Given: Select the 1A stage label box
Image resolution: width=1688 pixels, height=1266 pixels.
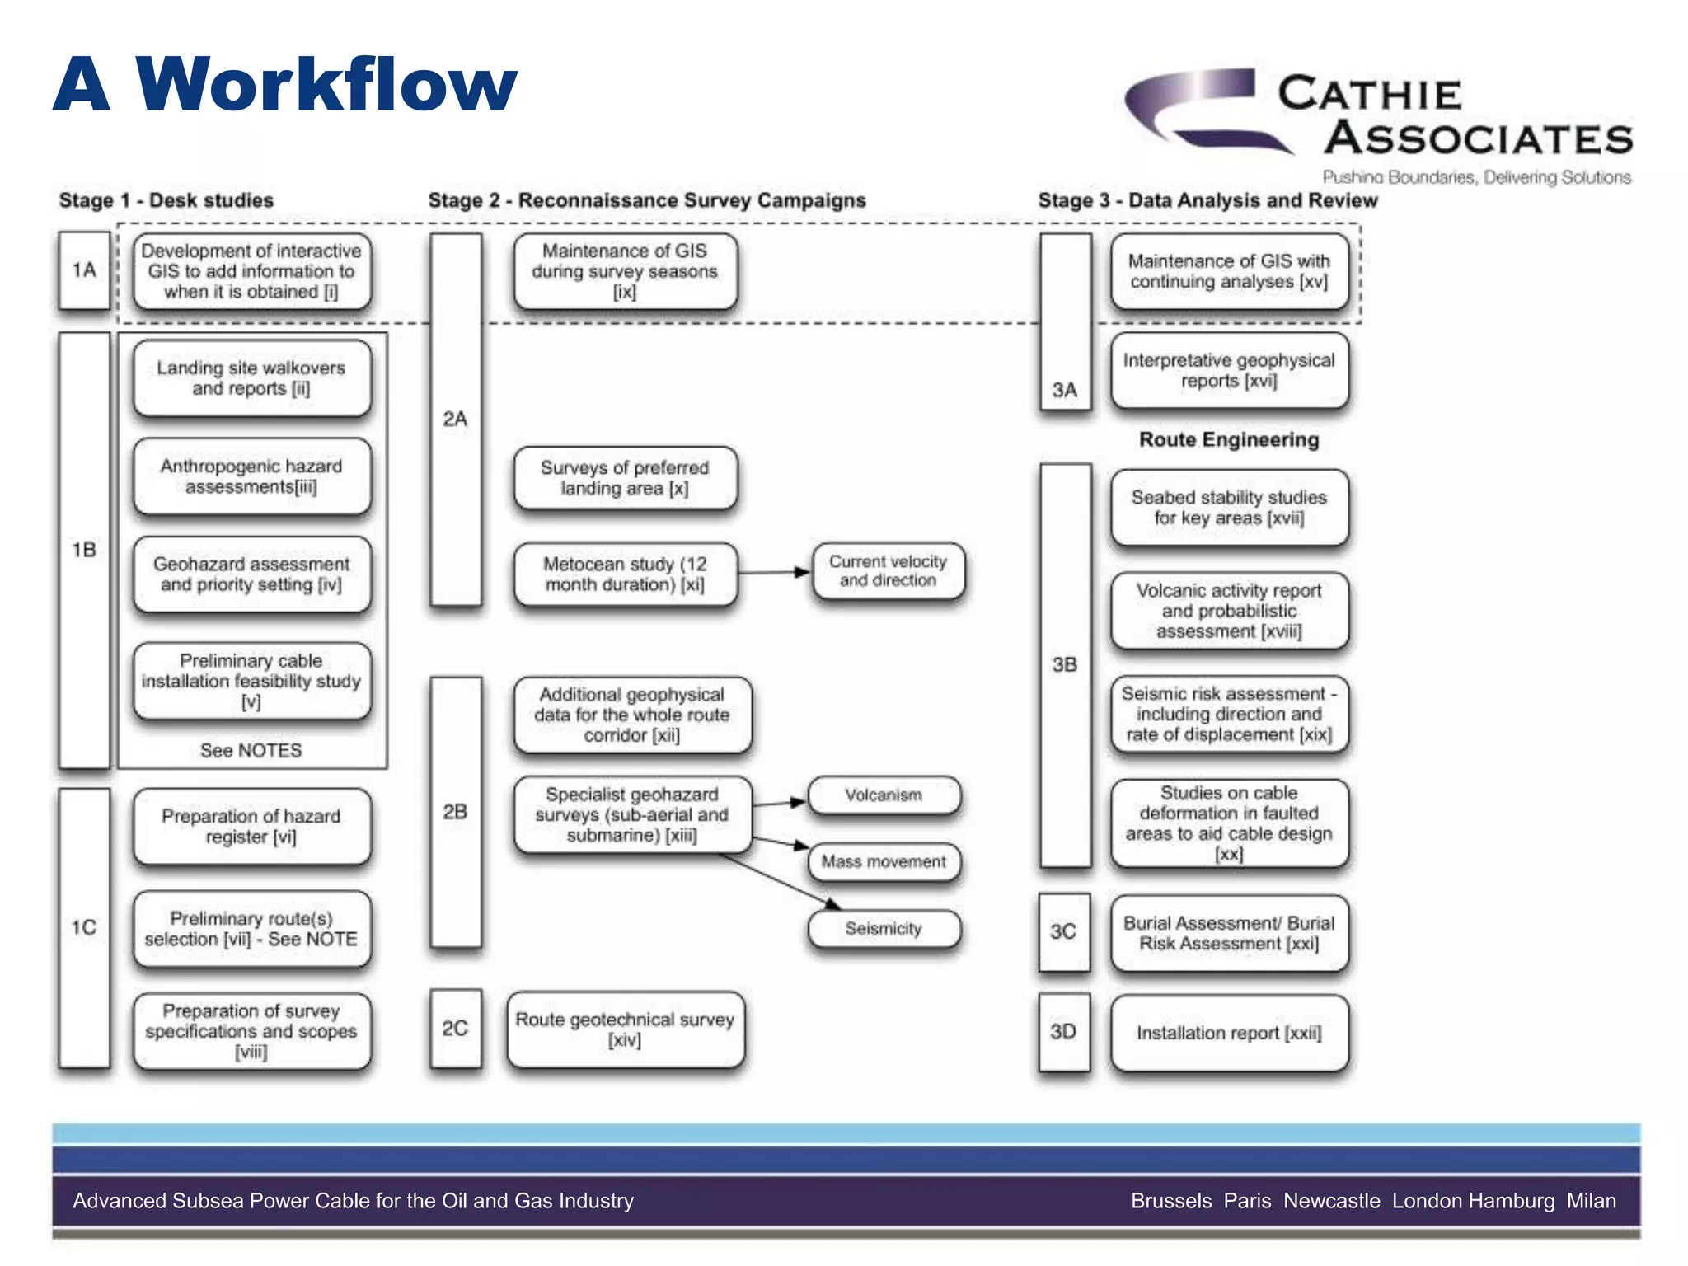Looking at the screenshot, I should pos(84,270).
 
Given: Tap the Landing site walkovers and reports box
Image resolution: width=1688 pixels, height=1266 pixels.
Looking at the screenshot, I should pos(251,378).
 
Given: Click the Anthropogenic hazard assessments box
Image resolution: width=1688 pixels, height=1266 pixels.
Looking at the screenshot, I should pos(251,476).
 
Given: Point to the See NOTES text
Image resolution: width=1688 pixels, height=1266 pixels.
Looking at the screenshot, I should pos(251,750).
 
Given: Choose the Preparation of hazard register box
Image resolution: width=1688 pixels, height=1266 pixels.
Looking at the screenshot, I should pos(251,826).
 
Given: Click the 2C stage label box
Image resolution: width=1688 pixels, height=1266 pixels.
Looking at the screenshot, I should pos(455,1029).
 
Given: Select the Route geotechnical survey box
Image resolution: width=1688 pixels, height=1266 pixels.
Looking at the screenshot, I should pos(625,1029).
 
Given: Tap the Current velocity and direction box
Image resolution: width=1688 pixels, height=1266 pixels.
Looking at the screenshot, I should pos(888,570).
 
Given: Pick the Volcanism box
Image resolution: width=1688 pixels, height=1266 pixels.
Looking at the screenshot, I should pos(884,795).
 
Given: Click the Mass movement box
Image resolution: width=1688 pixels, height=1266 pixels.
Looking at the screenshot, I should pos(884,862).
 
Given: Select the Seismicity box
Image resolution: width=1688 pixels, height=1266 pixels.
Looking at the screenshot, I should pos(884,929).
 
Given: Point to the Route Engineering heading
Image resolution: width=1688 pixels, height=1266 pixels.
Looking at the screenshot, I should pos(1229,439).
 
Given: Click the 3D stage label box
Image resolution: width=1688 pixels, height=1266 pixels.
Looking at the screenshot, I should pos(1063,1032).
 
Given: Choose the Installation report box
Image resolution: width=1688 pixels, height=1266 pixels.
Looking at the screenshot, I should pos(1229,1033).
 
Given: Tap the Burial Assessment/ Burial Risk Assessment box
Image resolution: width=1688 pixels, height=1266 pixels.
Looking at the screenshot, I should pos(1229,933).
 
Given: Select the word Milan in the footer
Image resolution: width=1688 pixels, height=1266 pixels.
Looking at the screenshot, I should pos(1591,1201).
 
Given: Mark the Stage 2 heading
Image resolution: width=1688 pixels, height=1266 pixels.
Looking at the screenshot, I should pos(647,200).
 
